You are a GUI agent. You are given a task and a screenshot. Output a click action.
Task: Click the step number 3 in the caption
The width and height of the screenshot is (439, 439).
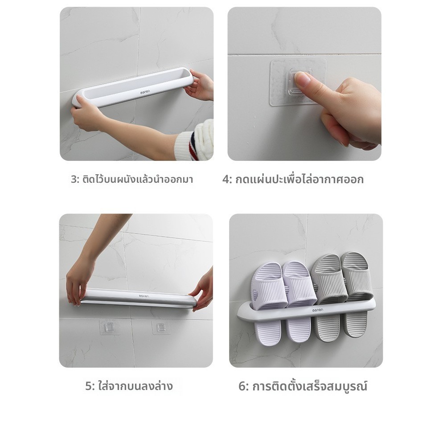click(x=74, y=180)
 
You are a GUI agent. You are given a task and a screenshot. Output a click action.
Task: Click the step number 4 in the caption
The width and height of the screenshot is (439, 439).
click(x=226, y=180)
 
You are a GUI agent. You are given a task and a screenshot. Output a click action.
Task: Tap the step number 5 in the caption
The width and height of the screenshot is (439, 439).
click(x=89, y=386)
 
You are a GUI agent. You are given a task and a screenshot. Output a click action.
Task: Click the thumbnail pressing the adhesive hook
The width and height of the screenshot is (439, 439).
click(x=302, y=79)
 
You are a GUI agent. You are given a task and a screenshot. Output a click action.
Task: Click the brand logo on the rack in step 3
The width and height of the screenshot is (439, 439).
click(x=146, y=91)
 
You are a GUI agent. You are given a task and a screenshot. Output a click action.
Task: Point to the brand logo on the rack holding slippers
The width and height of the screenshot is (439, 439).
click(x=318, y=310)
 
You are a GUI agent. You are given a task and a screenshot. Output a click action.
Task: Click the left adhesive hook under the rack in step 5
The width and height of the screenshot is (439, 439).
click(x=110, y=327)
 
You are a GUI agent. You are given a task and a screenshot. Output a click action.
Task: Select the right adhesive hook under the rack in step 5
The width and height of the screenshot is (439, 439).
click(x=161, y=327)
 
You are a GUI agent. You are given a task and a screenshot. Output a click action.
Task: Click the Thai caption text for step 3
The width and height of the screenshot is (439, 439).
click(x=138, y=180)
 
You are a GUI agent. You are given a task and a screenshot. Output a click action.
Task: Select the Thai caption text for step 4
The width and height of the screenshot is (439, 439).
click(x=300, y=180)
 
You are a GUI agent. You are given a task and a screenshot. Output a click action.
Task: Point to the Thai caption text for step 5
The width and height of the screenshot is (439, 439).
click(x=135, y=386)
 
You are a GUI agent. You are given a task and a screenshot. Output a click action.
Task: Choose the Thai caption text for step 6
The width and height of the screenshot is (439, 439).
click(x=310, y=386)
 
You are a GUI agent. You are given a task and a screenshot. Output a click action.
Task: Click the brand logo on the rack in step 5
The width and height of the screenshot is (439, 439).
click(x=144, y=295)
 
